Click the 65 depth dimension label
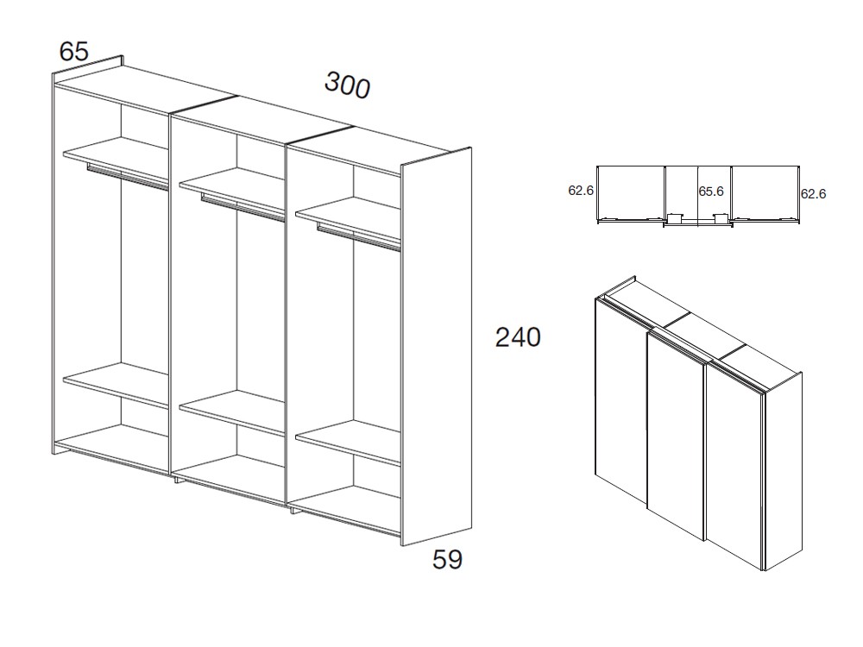pyautogui.click(x=73, y=52)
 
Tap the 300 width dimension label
pyautogui.click(x=347, y=85)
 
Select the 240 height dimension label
pyautogui.click(x=518, y=337)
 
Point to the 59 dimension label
pyautogui.click(x=447, y=560)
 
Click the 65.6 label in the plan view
pyautogui.click(x=711, y=192)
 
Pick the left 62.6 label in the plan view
pyautogui.click(x=581, y=191)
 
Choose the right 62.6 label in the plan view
pyautogui.click(x=814, y=193)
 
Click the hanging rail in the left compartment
pyautogui.click(x=128, y=176)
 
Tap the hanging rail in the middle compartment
pyautogui.click(x=243, y=207)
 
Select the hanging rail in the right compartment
pyautogui.click(x=359, y=237)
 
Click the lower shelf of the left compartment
pyautogui.click(x=117, y=384)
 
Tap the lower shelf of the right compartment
pyautogui.click(x=349, y=442)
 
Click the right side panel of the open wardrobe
pyautogui.click(x=437, y=347)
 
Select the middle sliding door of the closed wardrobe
pyautogui.click(x=676, y=435)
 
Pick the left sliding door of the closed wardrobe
pyautogui.click(x=620, y=399)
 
